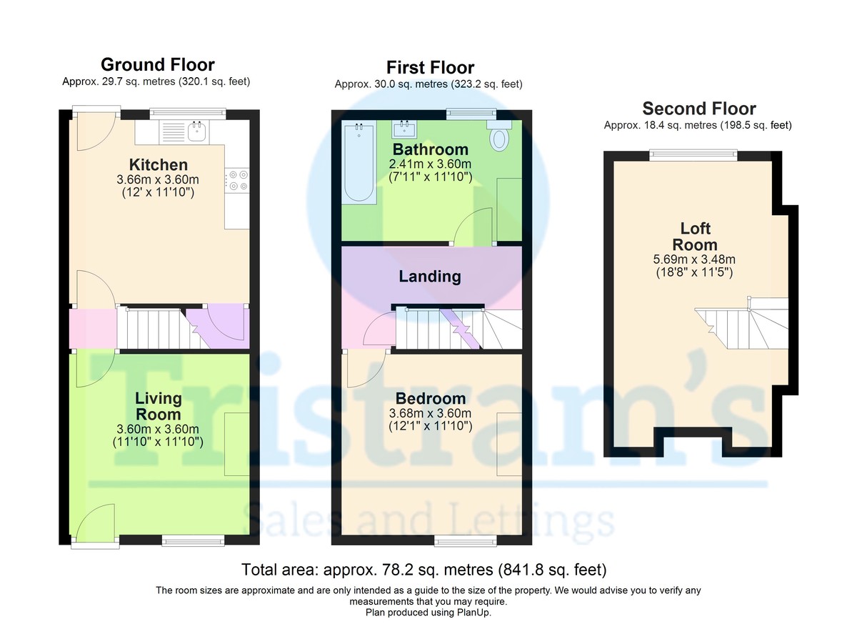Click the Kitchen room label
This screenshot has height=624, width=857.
pyautogui.click(x=159, y=165)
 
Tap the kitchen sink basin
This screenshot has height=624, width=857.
pyautogui.click(x=196, y=132)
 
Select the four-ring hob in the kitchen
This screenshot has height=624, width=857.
pyautogui.click(x=237, y=181)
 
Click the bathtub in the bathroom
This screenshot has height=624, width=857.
pyautogui.click(x=359, y=162)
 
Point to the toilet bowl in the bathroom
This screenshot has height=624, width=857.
pyautogui.click(x=499, y=139)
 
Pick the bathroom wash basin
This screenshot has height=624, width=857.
pyautogui.click(x=405, y=129)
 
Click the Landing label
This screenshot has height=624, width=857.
pyautogui.click(x=430, y=277)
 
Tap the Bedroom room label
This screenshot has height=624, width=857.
pyautogui.click(x=431, y=399)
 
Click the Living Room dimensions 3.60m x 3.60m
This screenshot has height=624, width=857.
pyautogui.click(x=158, y=429)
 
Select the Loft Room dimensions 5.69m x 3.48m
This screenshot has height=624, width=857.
pyautogui.click(x=694, y=259)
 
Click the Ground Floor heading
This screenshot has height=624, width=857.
pyautogui.click(x=158, y=65)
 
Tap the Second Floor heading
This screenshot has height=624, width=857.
pyautogui.click(x=699, y=109)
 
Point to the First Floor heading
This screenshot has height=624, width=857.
pyautogui.click(x=431, y=68)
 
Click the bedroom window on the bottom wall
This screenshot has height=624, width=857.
pyautogui.click(x=465, y=540)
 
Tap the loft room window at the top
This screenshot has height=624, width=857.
pyautogui.click(x=693, y=155)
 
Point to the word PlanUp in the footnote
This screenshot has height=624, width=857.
pyautogui.click(x=473, y=612)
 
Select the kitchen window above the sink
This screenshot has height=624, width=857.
pyautogui.click(x=187, y=114)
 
